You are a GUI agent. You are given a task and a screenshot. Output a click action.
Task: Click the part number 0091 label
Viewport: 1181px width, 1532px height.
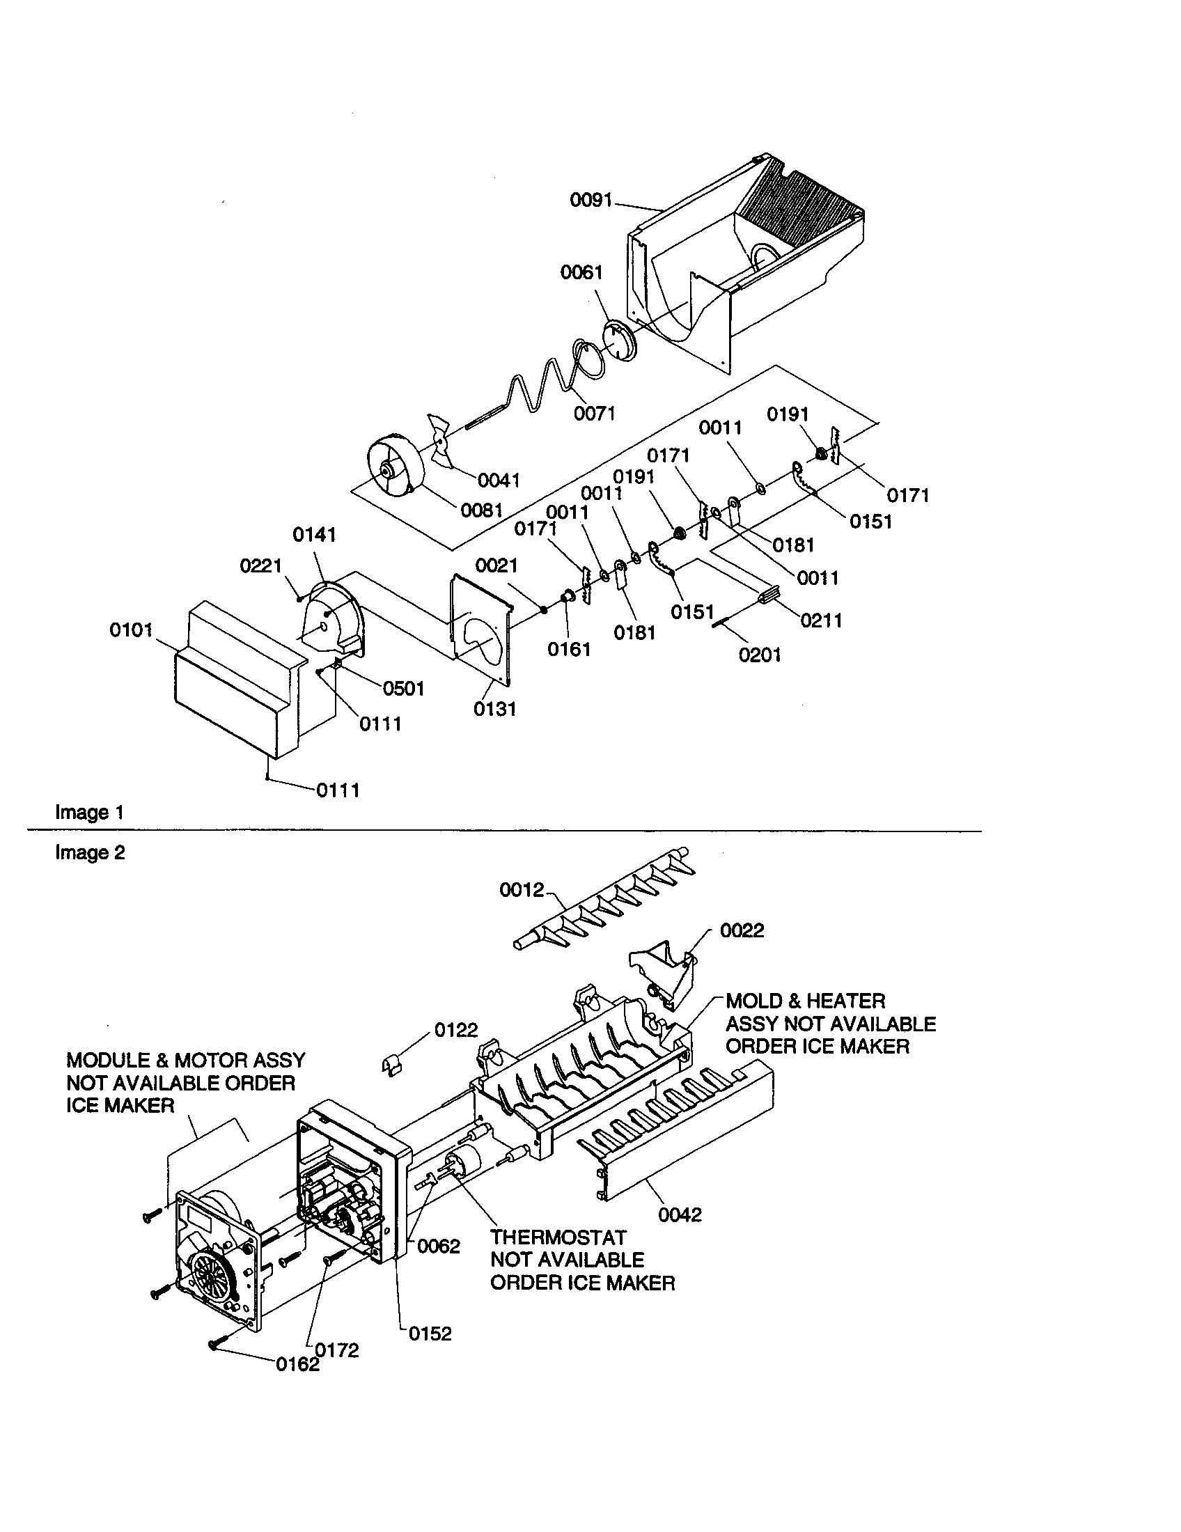(x=590, y=201)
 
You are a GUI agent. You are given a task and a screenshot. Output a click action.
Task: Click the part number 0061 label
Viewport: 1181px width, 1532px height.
(x=581, y=272)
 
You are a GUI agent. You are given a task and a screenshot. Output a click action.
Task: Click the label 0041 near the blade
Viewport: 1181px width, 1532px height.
(x=499, y=480)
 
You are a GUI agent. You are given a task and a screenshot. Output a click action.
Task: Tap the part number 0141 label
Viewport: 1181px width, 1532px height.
(x=314, y=536)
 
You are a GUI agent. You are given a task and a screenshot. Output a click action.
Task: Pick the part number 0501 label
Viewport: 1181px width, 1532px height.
(x=403, y=689)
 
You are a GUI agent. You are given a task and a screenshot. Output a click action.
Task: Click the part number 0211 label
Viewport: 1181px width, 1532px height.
(x=820, y=620)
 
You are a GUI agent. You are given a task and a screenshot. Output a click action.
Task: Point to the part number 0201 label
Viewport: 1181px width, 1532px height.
(x=760, y=655)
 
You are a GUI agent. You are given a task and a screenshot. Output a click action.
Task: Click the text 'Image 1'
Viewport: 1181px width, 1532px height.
(x=90, y=812)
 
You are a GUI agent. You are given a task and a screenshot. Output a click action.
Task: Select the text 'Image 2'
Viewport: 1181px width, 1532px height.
(x=90, y=852)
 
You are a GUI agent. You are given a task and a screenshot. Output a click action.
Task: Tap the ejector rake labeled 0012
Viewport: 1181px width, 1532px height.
(x=603, y=905)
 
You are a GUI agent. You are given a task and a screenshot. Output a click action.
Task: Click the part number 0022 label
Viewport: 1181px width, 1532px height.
(x=742, y=930)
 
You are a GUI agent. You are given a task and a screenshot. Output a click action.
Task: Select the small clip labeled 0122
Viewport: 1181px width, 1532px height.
(x=393, y=1065)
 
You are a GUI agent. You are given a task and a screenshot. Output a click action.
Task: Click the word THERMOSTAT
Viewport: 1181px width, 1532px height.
(x=558, y=1237)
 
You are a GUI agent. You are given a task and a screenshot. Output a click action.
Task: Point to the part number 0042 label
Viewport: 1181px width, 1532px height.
(x=680, y=1214)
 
